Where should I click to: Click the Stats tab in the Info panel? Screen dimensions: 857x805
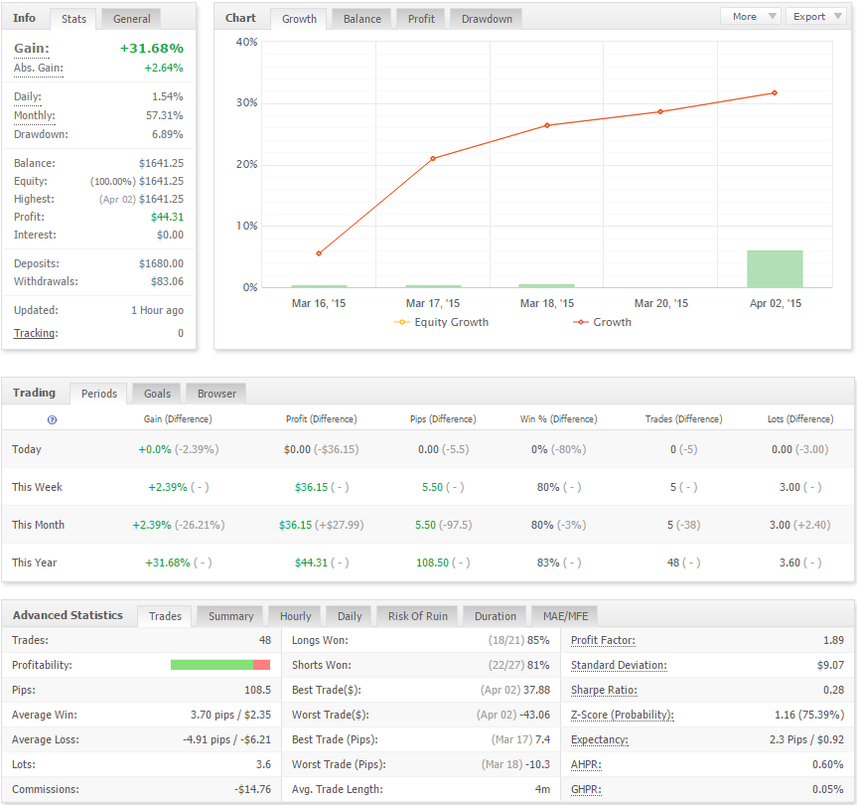[73, 19]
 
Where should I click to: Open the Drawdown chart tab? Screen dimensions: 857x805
[487, 19]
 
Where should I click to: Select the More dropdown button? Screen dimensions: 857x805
[751, 17]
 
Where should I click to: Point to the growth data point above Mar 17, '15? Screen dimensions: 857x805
[433, 159]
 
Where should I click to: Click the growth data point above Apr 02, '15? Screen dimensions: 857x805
[775, 93]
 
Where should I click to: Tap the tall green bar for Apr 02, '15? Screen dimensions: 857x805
[775, 268]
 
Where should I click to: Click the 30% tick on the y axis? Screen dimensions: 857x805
[246, 102]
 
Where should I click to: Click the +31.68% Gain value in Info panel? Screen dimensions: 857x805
[151, 48]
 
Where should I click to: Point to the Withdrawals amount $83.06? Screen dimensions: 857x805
[167, 281]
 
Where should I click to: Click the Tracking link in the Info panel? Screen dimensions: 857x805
[36, 333]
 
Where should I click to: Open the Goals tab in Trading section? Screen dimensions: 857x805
[158, 394]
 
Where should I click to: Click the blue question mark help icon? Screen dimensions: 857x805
[52, 420]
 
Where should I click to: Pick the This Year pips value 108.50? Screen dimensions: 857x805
[432, 563]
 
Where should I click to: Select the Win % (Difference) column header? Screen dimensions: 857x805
[558, 419]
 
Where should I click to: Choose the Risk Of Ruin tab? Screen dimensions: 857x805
[417, 616]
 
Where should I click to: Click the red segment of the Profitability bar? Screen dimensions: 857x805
[261, 665]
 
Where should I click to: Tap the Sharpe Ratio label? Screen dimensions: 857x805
[604, 690]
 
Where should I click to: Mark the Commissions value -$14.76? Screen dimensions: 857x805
[252, 790]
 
